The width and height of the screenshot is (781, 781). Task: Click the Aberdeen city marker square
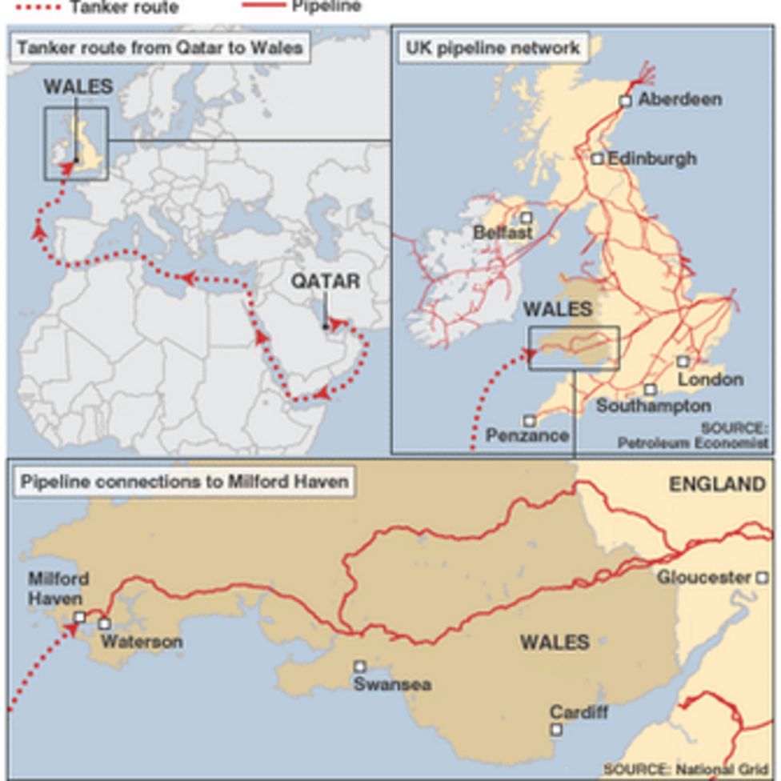[625, 101]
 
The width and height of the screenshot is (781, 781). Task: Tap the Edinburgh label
[651, 158]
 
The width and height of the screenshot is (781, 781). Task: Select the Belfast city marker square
[527, 218]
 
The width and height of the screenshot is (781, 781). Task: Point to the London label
[711, 379]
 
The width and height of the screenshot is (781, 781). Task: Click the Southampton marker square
[651, 390]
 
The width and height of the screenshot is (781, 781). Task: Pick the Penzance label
[527, 436]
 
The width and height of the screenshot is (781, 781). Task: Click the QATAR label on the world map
[325, 281]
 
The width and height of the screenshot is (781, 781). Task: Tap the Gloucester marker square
[762, 577]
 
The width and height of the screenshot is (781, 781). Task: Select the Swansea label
[392, 684]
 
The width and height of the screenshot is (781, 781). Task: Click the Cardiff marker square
[556, 729]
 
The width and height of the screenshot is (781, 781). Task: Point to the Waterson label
[142, 641]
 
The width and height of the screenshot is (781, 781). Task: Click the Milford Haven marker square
[80, 617]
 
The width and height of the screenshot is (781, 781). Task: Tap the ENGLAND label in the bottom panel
[717, 483]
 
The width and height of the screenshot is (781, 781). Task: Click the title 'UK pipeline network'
[492, 48]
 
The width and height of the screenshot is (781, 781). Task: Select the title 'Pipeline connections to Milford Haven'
[184, 482]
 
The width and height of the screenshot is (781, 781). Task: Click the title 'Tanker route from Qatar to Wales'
[159, 48]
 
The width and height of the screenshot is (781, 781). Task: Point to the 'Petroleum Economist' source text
[693, 442]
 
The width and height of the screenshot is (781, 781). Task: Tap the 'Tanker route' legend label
[123, 7]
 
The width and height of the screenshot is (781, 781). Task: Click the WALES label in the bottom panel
[555, 642]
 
